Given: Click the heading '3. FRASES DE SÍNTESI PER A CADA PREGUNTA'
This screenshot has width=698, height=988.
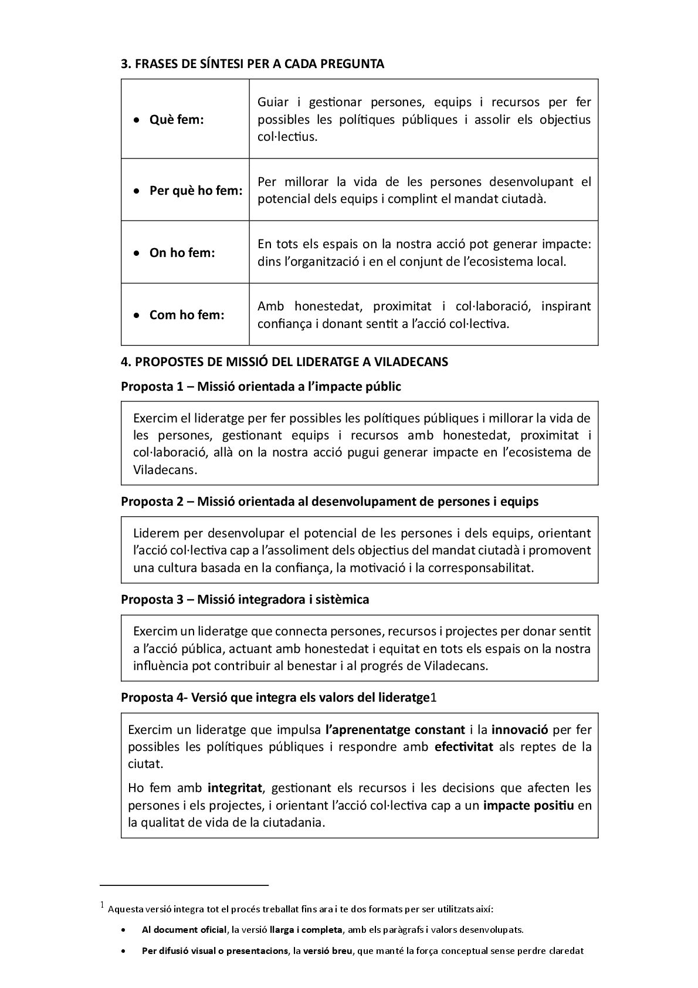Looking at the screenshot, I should click(252, 65).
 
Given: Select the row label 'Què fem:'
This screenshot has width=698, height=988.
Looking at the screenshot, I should click(177, 120).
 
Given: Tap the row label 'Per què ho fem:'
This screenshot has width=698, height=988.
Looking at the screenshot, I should click(196, 191).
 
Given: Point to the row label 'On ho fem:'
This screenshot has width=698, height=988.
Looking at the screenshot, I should click(182, 253).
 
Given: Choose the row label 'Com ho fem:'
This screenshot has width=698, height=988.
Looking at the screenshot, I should click(187, 315).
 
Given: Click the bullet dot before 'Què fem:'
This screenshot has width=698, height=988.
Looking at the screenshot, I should click(136, 120).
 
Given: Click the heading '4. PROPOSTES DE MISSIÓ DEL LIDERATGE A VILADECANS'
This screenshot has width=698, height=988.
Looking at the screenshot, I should click(284, 362).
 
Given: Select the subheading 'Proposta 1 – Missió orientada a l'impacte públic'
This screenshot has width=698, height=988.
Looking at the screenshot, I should click(260, 387).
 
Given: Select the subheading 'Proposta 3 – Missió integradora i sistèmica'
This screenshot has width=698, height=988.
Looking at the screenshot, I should click(245, 600).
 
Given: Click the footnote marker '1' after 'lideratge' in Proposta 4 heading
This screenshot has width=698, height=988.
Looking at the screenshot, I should click(434, 698).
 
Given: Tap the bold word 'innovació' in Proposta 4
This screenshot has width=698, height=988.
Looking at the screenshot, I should click(520, 730).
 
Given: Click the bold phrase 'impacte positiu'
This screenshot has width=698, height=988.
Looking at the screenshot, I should click(528, 805).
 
